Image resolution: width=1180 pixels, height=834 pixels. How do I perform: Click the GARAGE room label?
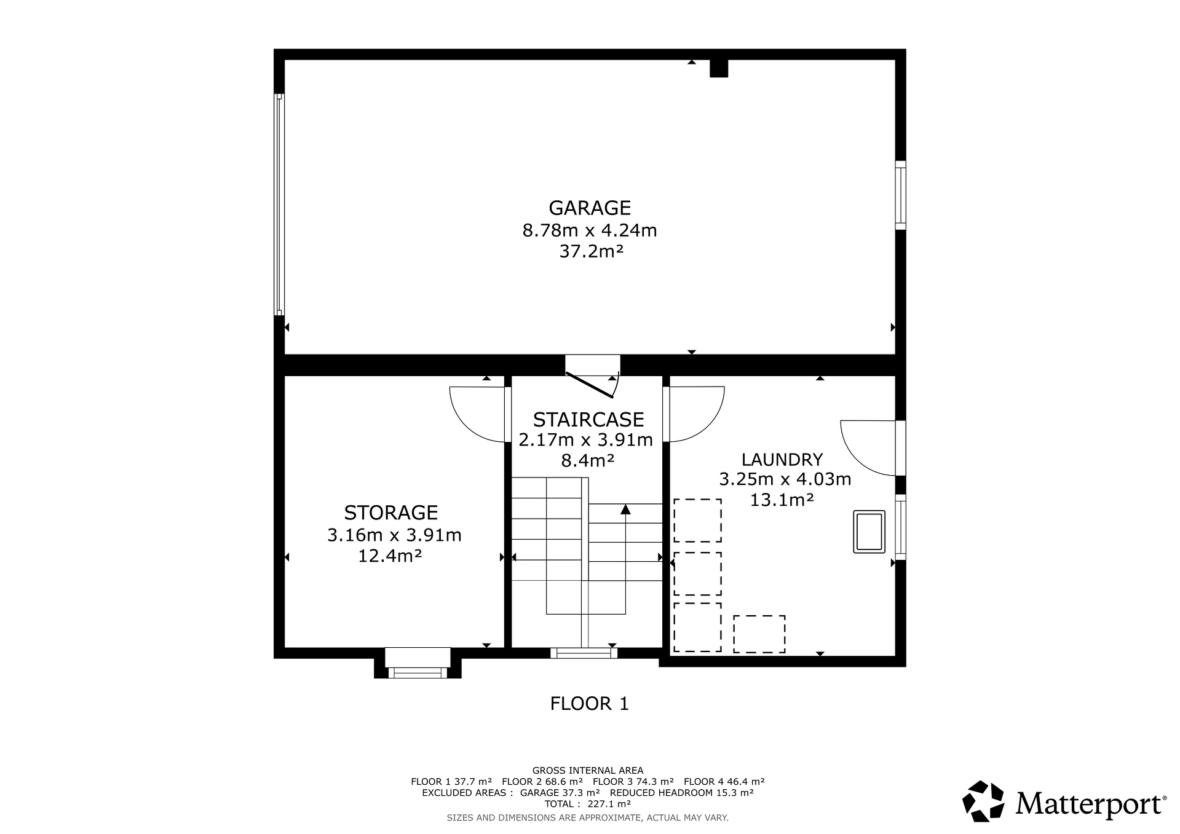(590, 208)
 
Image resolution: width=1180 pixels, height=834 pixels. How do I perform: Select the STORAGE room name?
(391, 513)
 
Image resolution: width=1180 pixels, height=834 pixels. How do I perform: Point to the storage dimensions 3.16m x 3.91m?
(394, 535)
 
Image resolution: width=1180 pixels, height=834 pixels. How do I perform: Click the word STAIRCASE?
(588, 420)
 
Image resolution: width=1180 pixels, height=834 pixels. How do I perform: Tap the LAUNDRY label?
(782, 460)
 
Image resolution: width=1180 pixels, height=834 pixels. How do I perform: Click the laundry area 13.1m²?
(782, 500)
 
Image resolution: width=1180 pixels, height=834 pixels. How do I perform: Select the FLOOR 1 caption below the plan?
(590, 704)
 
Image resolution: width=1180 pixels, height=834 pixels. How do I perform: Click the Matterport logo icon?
(983, 801)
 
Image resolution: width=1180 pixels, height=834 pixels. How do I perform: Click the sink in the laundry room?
(869, 532)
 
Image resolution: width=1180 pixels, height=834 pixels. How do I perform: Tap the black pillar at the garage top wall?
(719, 68)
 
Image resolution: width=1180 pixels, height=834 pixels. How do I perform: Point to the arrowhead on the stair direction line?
(625, 509)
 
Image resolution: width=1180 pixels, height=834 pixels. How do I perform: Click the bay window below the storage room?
(418, 664)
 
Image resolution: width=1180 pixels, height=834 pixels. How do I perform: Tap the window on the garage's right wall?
(900, 195)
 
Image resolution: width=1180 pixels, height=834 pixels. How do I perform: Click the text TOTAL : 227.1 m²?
(587, 804)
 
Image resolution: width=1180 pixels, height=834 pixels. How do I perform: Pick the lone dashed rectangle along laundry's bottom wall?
(759, 634)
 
